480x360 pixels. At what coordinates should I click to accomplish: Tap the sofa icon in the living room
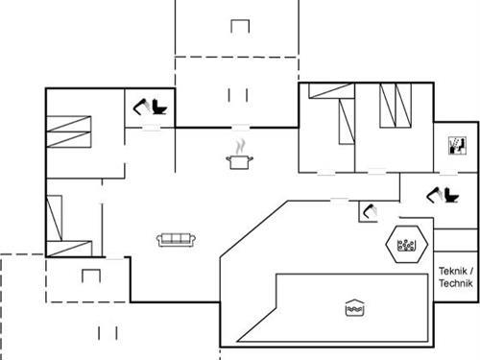[177, 239]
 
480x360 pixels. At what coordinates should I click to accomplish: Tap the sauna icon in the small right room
[456, 147]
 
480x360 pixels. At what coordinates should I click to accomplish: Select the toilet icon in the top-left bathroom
[150, 107]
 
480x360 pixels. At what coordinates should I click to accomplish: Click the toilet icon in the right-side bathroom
[444, 196]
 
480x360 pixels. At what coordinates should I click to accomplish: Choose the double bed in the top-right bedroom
[394, 106]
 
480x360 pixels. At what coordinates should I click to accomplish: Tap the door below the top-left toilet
[151, 128]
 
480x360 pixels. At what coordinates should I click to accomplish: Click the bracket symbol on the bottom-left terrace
[91, 276]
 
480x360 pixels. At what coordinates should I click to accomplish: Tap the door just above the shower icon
[340, 200]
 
